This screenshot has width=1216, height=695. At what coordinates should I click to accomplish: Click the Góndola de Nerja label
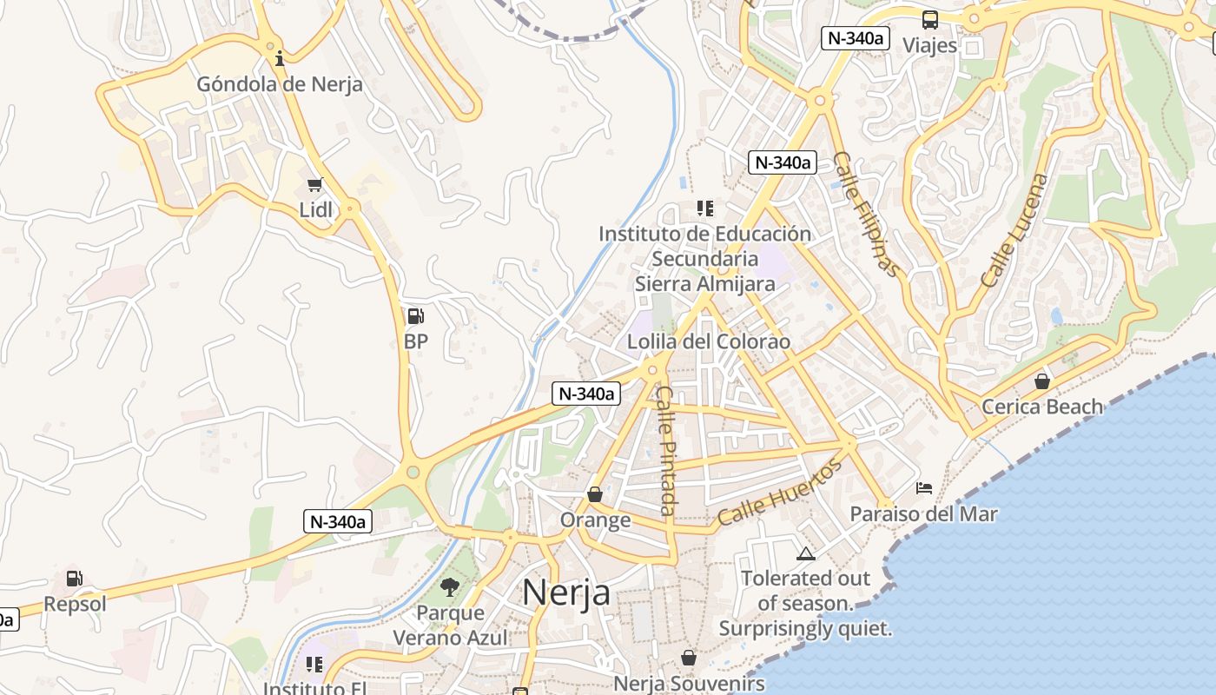(x=280, y=84)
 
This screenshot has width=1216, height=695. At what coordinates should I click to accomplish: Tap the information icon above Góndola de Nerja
(x=280, y=59)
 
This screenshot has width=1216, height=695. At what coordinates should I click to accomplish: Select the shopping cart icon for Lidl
(x=315, y=184)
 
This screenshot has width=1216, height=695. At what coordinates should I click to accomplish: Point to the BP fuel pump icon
(x=416, y=316)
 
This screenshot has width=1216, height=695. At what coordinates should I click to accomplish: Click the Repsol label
(x=75, y=604)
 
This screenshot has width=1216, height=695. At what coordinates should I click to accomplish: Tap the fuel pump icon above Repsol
(x=75, y=579)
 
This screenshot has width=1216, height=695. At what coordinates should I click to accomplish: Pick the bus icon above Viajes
(x=929, y=20)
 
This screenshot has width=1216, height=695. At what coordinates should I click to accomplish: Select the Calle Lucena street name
(x=1014, y=230)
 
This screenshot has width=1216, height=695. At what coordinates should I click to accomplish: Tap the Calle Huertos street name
(x=779, y=492)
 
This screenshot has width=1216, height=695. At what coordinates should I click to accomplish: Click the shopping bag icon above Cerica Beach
(x=1042, y=381)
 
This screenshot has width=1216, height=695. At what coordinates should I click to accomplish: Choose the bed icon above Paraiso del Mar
(x=924, y=488)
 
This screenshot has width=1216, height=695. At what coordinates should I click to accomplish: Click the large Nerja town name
(x=566, y=592)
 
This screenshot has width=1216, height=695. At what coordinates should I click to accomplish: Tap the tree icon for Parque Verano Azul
(x=450, y=587)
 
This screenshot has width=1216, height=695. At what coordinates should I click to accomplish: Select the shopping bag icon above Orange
(x=595, y=494)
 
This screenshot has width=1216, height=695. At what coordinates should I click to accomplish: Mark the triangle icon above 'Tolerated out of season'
(x=806, y=553)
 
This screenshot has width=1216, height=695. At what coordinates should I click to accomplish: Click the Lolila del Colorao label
(x=709, y=341)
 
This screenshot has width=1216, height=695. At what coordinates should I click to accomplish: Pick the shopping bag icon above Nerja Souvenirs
(x=689, y=658)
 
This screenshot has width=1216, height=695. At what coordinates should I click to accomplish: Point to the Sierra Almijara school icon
(x=704, y=208)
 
